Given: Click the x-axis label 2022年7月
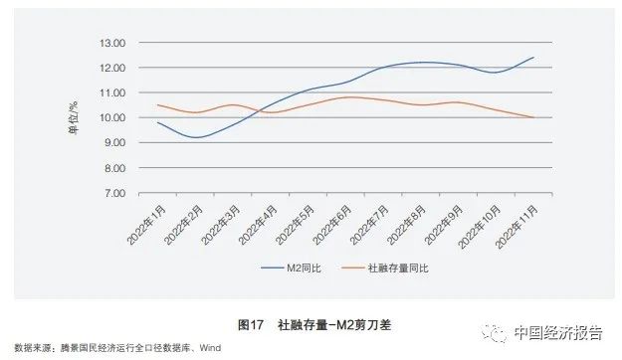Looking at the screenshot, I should click(368, 225).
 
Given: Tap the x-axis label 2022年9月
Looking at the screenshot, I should click(443, 225).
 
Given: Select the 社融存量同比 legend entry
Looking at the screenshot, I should click(397, 268).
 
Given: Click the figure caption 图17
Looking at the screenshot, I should click(251, 325).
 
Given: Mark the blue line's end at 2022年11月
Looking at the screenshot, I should click(533, 58).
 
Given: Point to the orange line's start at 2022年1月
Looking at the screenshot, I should click(159, 105).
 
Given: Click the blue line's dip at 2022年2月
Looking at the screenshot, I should click(197, 137).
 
